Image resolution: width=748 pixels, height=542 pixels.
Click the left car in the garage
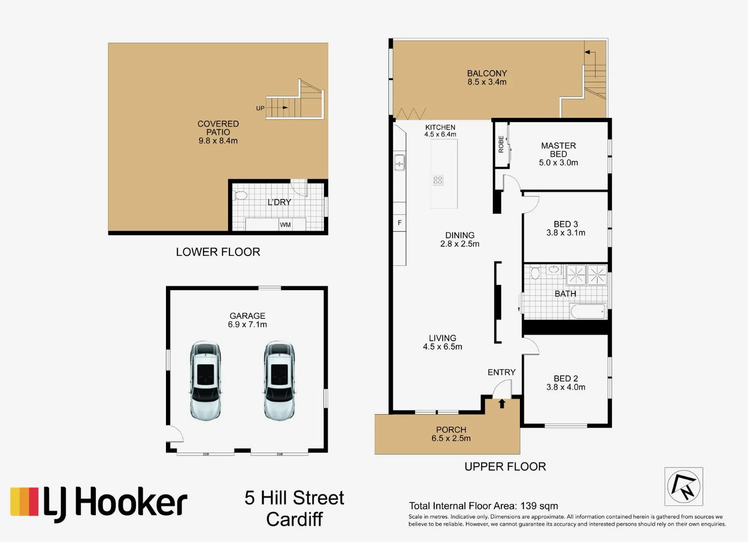(205, 381)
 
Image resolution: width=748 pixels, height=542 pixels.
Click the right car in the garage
(279, 381)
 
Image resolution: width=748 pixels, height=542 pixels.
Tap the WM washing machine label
(285, 224)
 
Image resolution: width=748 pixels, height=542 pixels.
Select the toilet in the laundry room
(240, 195)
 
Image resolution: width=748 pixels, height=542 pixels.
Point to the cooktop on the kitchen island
(438, 180)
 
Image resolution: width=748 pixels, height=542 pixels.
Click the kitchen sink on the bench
(400, 162)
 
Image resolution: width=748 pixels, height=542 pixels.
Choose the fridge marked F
(400, 223)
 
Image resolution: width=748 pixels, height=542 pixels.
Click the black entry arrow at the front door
(502, 403)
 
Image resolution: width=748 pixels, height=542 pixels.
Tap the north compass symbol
(684, 486)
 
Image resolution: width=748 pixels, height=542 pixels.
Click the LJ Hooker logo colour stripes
(25, 501)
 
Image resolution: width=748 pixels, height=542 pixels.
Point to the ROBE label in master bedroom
(501, 145)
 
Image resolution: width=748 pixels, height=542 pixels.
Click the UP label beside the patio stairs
(260, 108)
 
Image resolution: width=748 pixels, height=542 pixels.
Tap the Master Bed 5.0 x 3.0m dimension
(558, 163)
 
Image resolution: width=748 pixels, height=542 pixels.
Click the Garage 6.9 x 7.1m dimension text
(247, 325)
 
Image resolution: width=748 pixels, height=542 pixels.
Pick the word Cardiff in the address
(294, 519)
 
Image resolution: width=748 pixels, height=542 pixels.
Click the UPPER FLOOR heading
(505, 466)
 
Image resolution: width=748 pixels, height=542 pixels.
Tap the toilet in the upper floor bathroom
(534, 274)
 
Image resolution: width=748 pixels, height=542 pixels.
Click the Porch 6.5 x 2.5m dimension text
(451, 438)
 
